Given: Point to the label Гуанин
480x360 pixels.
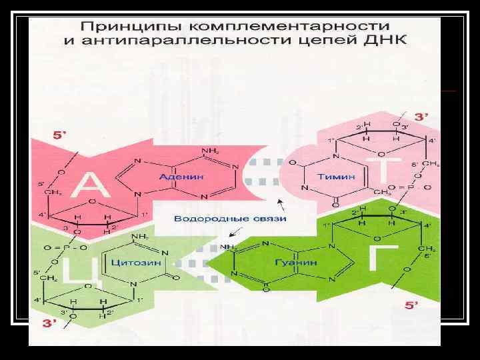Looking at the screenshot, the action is [296, 262].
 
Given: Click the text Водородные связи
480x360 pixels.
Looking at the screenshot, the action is [231, 218].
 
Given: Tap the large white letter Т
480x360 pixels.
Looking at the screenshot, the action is [389, 171].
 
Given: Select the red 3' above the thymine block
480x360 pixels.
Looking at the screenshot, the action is [421, 115].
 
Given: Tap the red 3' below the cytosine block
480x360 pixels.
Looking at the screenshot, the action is [50, 324].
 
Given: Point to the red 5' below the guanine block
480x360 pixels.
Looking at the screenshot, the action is [413, 305].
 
